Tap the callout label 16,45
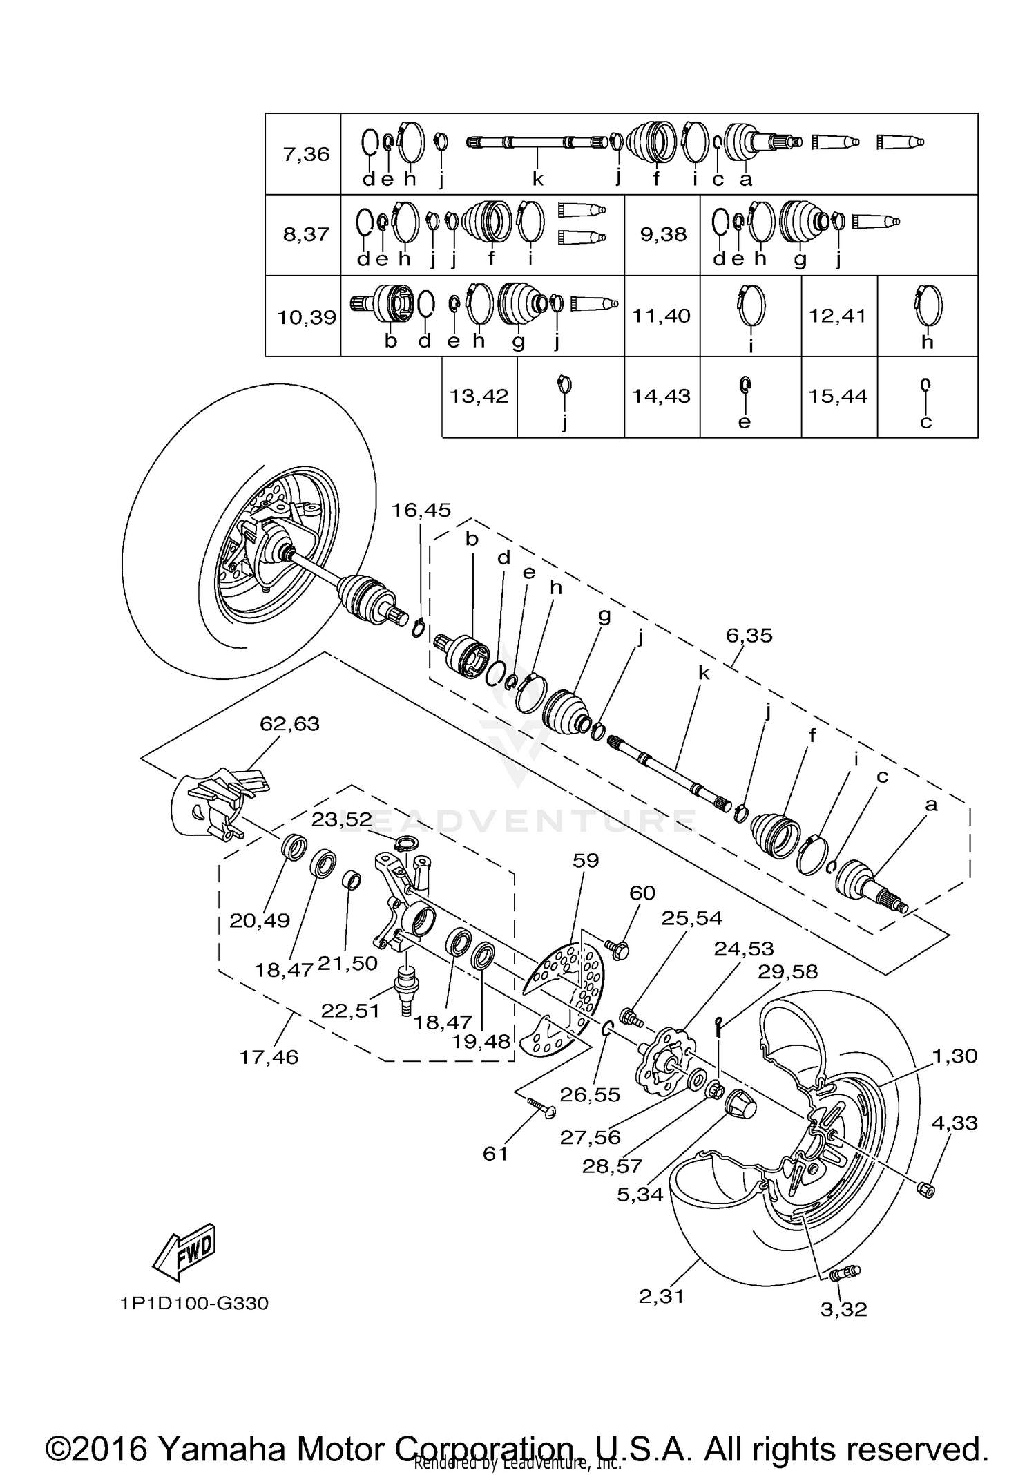pyautogui.click(x=421, y=511)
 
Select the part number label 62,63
pyautogui.click(x=289, y=723)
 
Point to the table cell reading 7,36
pyautogui.click(x=306, y=154)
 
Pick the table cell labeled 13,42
pyautogui.click(x=479, y=397)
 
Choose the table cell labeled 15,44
pyautogui.click(x=837, y=397)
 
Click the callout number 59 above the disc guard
pyautogui.click(x=586, y=860)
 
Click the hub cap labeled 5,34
pyautogui.click(x=740, y=1105)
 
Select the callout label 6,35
pyautogui.click(x=749, y=635)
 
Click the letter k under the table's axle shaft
pyautogui.click(x=537, y=180)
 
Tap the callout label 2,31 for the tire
pyautogui.click(x=661, y=1297)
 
